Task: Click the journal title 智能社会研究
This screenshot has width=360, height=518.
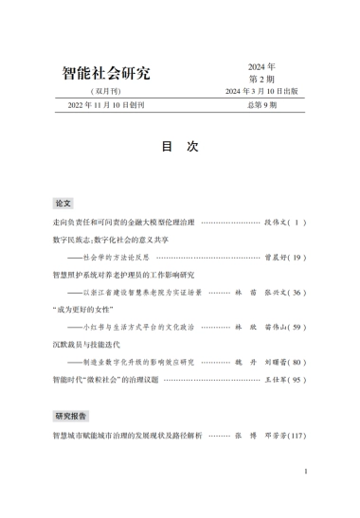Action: [105, 73]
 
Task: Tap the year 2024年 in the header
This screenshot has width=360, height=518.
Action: [261, 66]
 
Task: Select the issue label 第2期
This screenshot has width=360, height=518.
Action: [261, 79]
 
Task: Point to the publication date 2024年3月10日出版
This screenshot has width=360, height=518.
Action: [261, 92]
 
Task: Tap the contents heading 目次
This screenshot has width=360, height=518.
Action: [179, 147]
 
